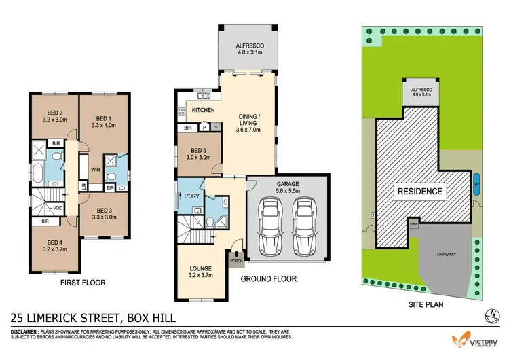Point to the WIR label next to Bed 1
click(x=86, y=162)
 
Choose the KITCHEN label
click(x=203, y=110)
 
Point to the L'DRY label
click(x=190, y=197)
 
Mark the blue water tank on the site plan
click(x=476, y=184)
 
